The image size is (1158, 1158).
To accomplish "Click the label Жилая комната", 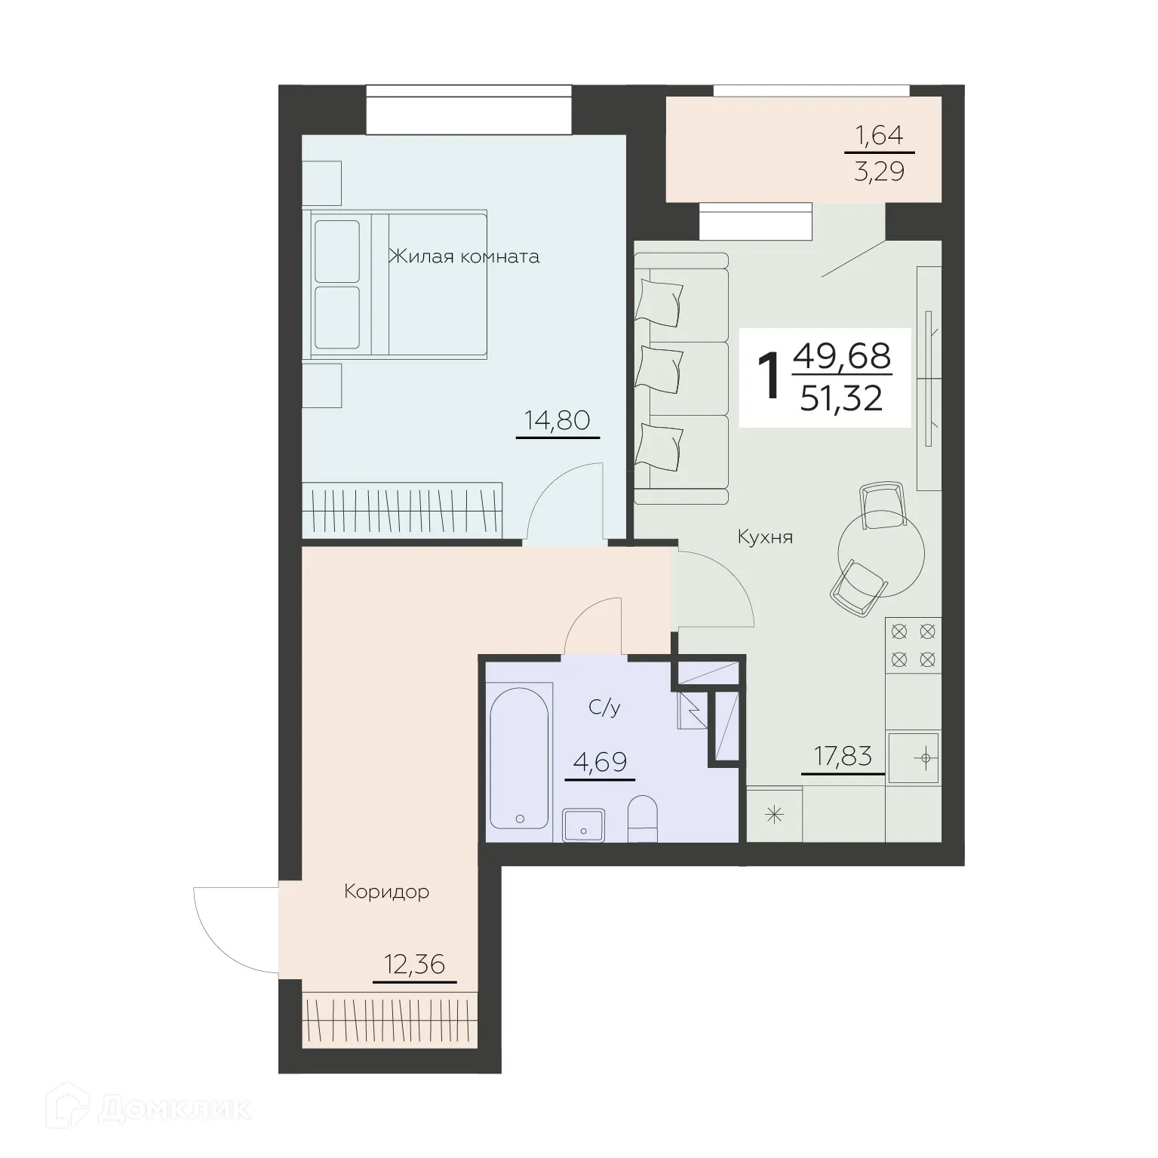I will tap(464, 257).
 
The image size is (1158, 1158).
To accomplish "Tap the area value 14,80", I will tap(557, 421).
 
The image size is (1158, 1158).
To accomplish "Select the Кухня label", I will tap(765, 537).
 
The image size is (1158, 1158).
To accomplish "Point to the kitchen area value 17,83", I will tap(843, 756).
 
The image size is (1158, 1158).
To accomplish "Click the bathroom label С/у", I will tap(604, 708).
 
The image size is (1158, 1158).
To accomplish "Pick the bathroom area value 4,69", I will tap(600, 762).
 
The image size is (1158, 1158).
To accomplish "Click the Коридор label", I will tap(386, 892).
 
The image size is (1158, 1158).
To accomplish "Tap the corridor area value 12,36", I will tap(414, 964).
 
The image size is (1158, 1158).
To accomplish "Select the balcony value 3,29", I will tap(879, 172).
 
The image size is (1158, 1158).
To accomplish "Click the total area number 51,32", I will tap(841, 398).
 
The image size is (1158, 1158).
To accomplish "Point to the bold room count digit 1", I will tap(769, 379).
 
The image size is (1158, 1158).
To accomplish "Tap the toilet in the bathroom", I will tap(644, 819).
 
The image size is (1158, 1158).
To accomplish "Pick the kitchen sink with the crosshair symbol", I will tap(914, 757).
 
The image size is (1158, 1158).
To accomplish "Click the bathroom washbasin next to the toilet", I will tap(584, 825).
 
